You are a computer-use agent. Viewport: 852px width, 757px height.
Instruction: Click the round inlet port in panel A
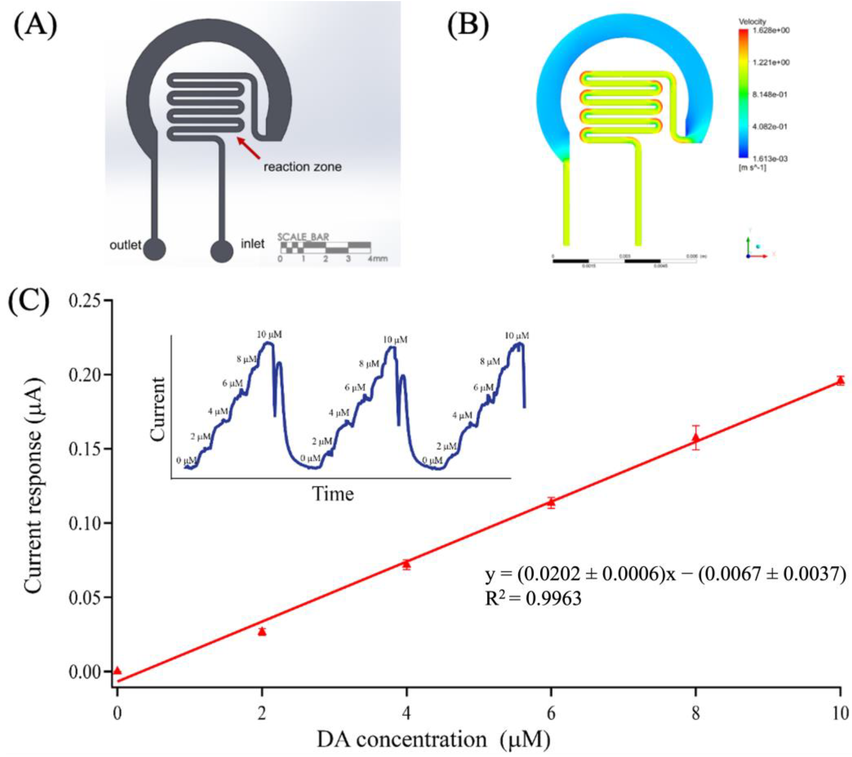pyautogui.click(x=221, y=250)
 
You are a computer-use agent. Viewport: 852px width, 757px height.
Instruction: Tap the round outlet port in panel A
pyautogui.click(x=154, y=249)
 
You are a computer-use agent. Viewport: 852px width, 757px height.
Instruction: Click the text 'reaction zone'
pyautogui.click(x=302, y=167)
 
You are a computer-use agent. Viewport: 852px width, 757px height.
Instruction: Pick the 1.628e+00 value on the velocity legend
pyautogui.click(x=771, y=30)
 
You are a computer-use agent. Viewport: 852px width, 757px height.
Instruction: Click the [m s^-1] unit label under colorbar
pyautogui.click(x=752, y=168)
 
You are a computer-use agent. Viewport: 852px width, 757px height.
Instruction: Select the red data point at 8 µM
pyautogui.click(x=696, y=438)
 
